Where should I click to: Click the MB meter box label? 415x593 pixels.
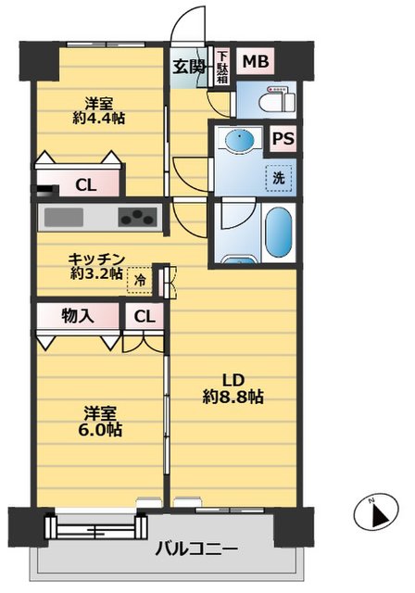click(x=256, y=61)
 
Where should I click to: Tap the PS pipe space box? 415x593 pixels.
click(x=283, y=139)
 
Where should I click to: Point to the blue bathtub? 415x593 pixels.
click(x=280, y=233)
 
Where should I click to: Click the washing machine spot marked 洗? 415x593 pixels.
click(x=279, y=178)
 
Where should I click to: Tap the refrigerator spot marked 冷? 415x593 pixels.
click(x=140, y=280)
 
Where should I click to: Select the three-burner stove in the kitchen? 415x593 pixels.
click(x=137, y=217)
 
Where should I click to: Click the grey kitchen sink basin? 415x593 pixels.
click(x=64, y=217)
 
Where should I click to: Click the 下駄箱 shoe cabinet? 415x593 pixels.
click(x=222, y=67)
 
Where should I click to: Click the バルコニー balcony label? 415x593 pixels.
click(x=197, y=548)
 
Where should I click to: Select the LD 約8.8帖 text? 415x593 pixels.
click(x=233, y=388)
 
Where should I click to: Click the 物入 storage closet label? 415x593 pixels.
click(x=78, y=315)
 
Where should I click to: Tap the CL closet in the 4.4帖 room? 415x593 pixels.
click(x=86, y=185)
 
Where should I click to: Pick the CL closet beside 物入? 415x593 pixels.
click(x=145, y=316)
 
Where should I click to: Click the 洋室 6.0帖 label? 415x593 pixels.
click(x=100, y=422)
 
